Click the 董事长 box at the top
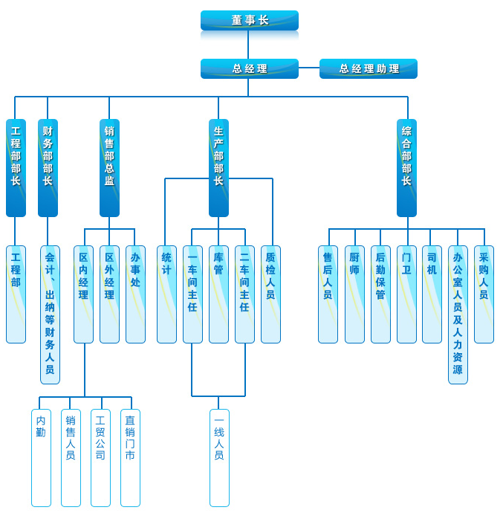click(x=249, y=20)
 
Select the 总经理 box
click(x=249, y=68)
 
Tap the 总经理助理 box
click(x=369, y=68)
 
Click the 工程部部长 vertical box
click(x=16, y=167)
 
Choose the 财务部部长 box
click(x=48, y=167)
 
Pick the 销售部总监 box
click(x=109, y=167)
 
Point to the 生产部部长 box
click(x=218, y=167)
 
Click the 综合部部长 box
click(x=406, y=167)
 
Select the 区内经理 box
click(x=83, y=294)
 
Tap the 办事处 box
click(x=135, y=294)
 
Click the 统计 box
click(x=166, y=294)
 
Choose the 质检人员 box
click(x=270, y=294)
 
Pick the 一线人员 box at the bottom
click(x=219, y=457)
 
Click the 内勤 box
click(x=41, y=457)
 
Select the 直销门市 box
click(x=130, y=457)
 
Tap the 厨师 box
click(x=354, y=294)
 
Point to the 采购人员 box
click(x=484, y=294)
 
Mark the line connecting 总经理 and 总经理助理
click(x=309, y=68)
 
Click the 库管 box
click(x=218, y=294)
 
